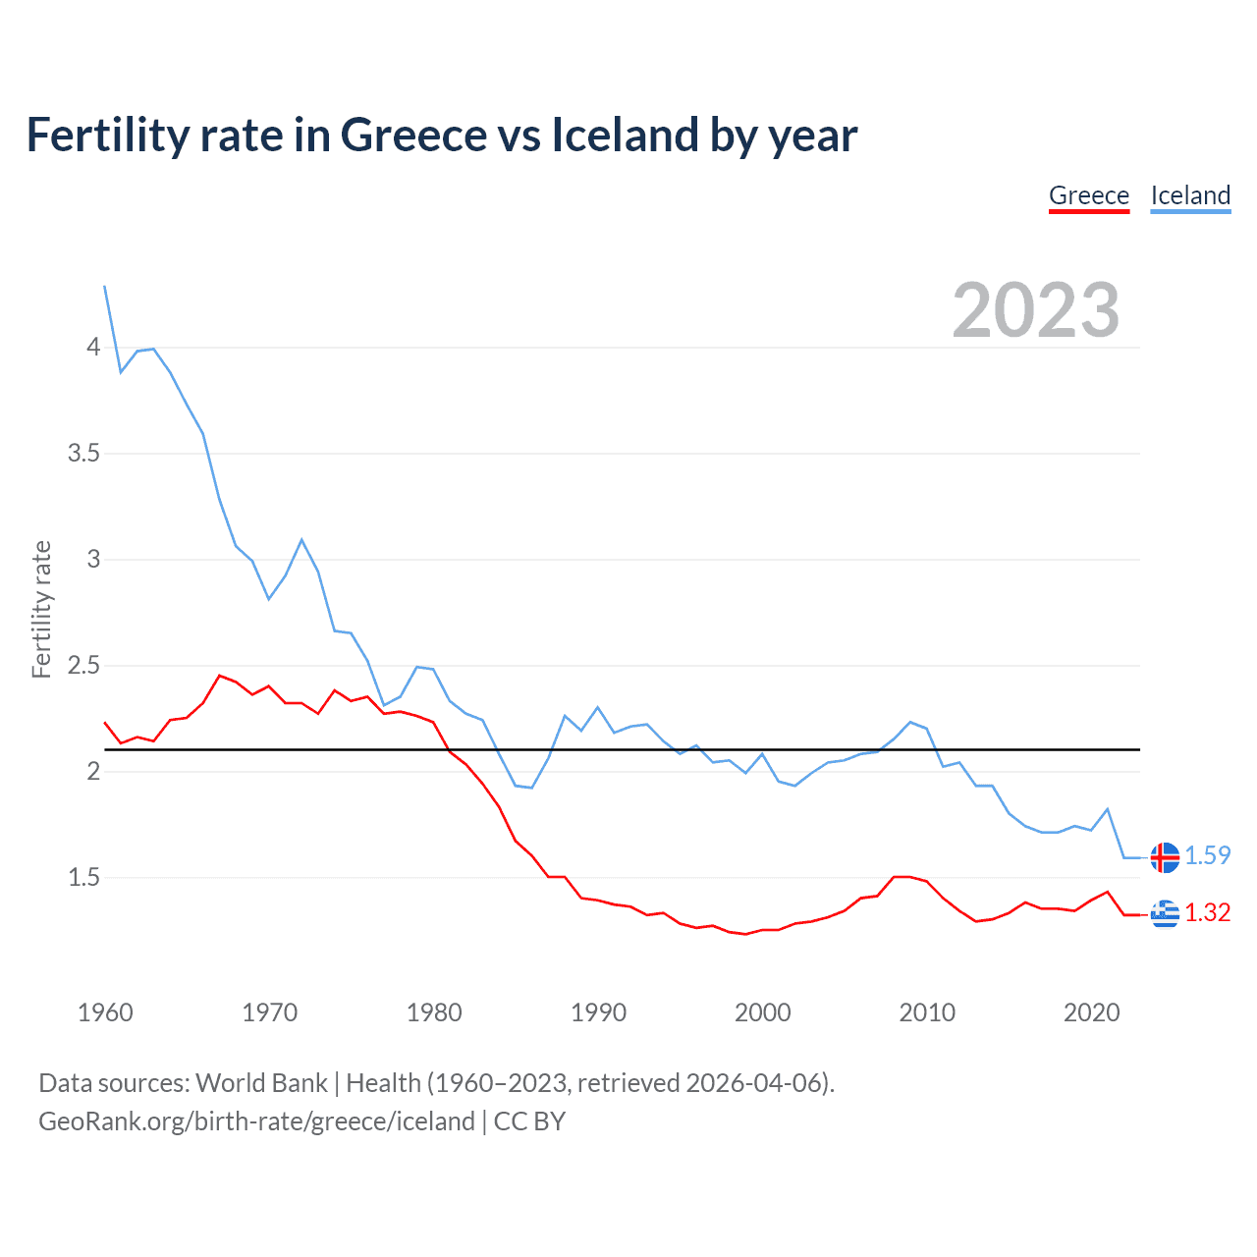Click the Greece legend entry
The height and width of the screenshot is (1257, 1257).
pyautogui.click(x=1089, y=195)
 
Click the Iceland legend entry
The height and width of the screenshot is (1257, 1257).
pyautogui.click(x=1190, y=195)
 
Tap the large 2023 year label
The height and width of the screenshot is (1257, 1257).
pyautogui.click(x=1036, y=310)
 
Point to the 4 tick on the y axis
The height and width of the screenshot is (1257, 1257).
pyautogui.click(x=93, y=348)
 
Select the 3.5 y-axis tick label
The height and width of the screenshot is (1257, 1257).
pyautogui.click(x=83, y=454)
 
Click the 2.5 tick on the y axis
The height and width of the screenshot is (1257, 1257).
pyautogui.click(x=83, y=666)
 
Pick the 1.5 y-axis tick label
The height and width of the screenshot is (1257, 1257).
pyautogui.click(x=83, y=878)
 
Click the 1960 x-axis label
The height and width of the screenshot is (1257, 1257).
pyautogui.click(x=105, y=1012)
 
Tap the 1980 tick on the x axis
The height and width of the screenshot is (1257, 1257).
pyautogui.click(x=434, y=1012)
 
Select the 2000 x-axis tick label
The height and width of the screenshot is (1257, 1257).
pyautogui.click(x=763, y=1012)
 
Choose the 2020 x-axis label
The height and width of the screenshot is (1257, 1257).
pyautogui.click(x=1091, y=1012)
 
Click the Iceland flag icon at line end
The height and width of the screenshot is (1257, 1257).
pyautogui.click(x=1165, y=857)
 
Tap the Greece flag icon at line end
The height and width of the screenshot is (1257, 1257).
pyautogui.click(x=1165, y=914)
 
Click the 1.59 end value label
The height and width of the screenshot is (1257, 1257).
pyautogui.click(x=1207, y=856)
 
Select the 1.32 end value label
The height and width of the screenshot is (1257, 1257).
pyautogui.click(x=1207, y=913)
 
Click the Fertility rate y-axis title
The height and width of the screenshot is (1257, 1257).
pyautogui.click(x=41, y=609)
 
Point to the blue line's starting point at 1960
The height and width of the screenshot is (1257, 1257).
pyautogui.click(x=105, y=287)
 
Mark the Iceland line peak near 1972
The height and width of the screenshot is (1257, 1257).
pyautogui.click(x=301, y=539)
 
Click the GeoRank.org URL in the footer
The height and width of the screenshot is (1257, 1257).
pyautogui.click(x=256, y=1121)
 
